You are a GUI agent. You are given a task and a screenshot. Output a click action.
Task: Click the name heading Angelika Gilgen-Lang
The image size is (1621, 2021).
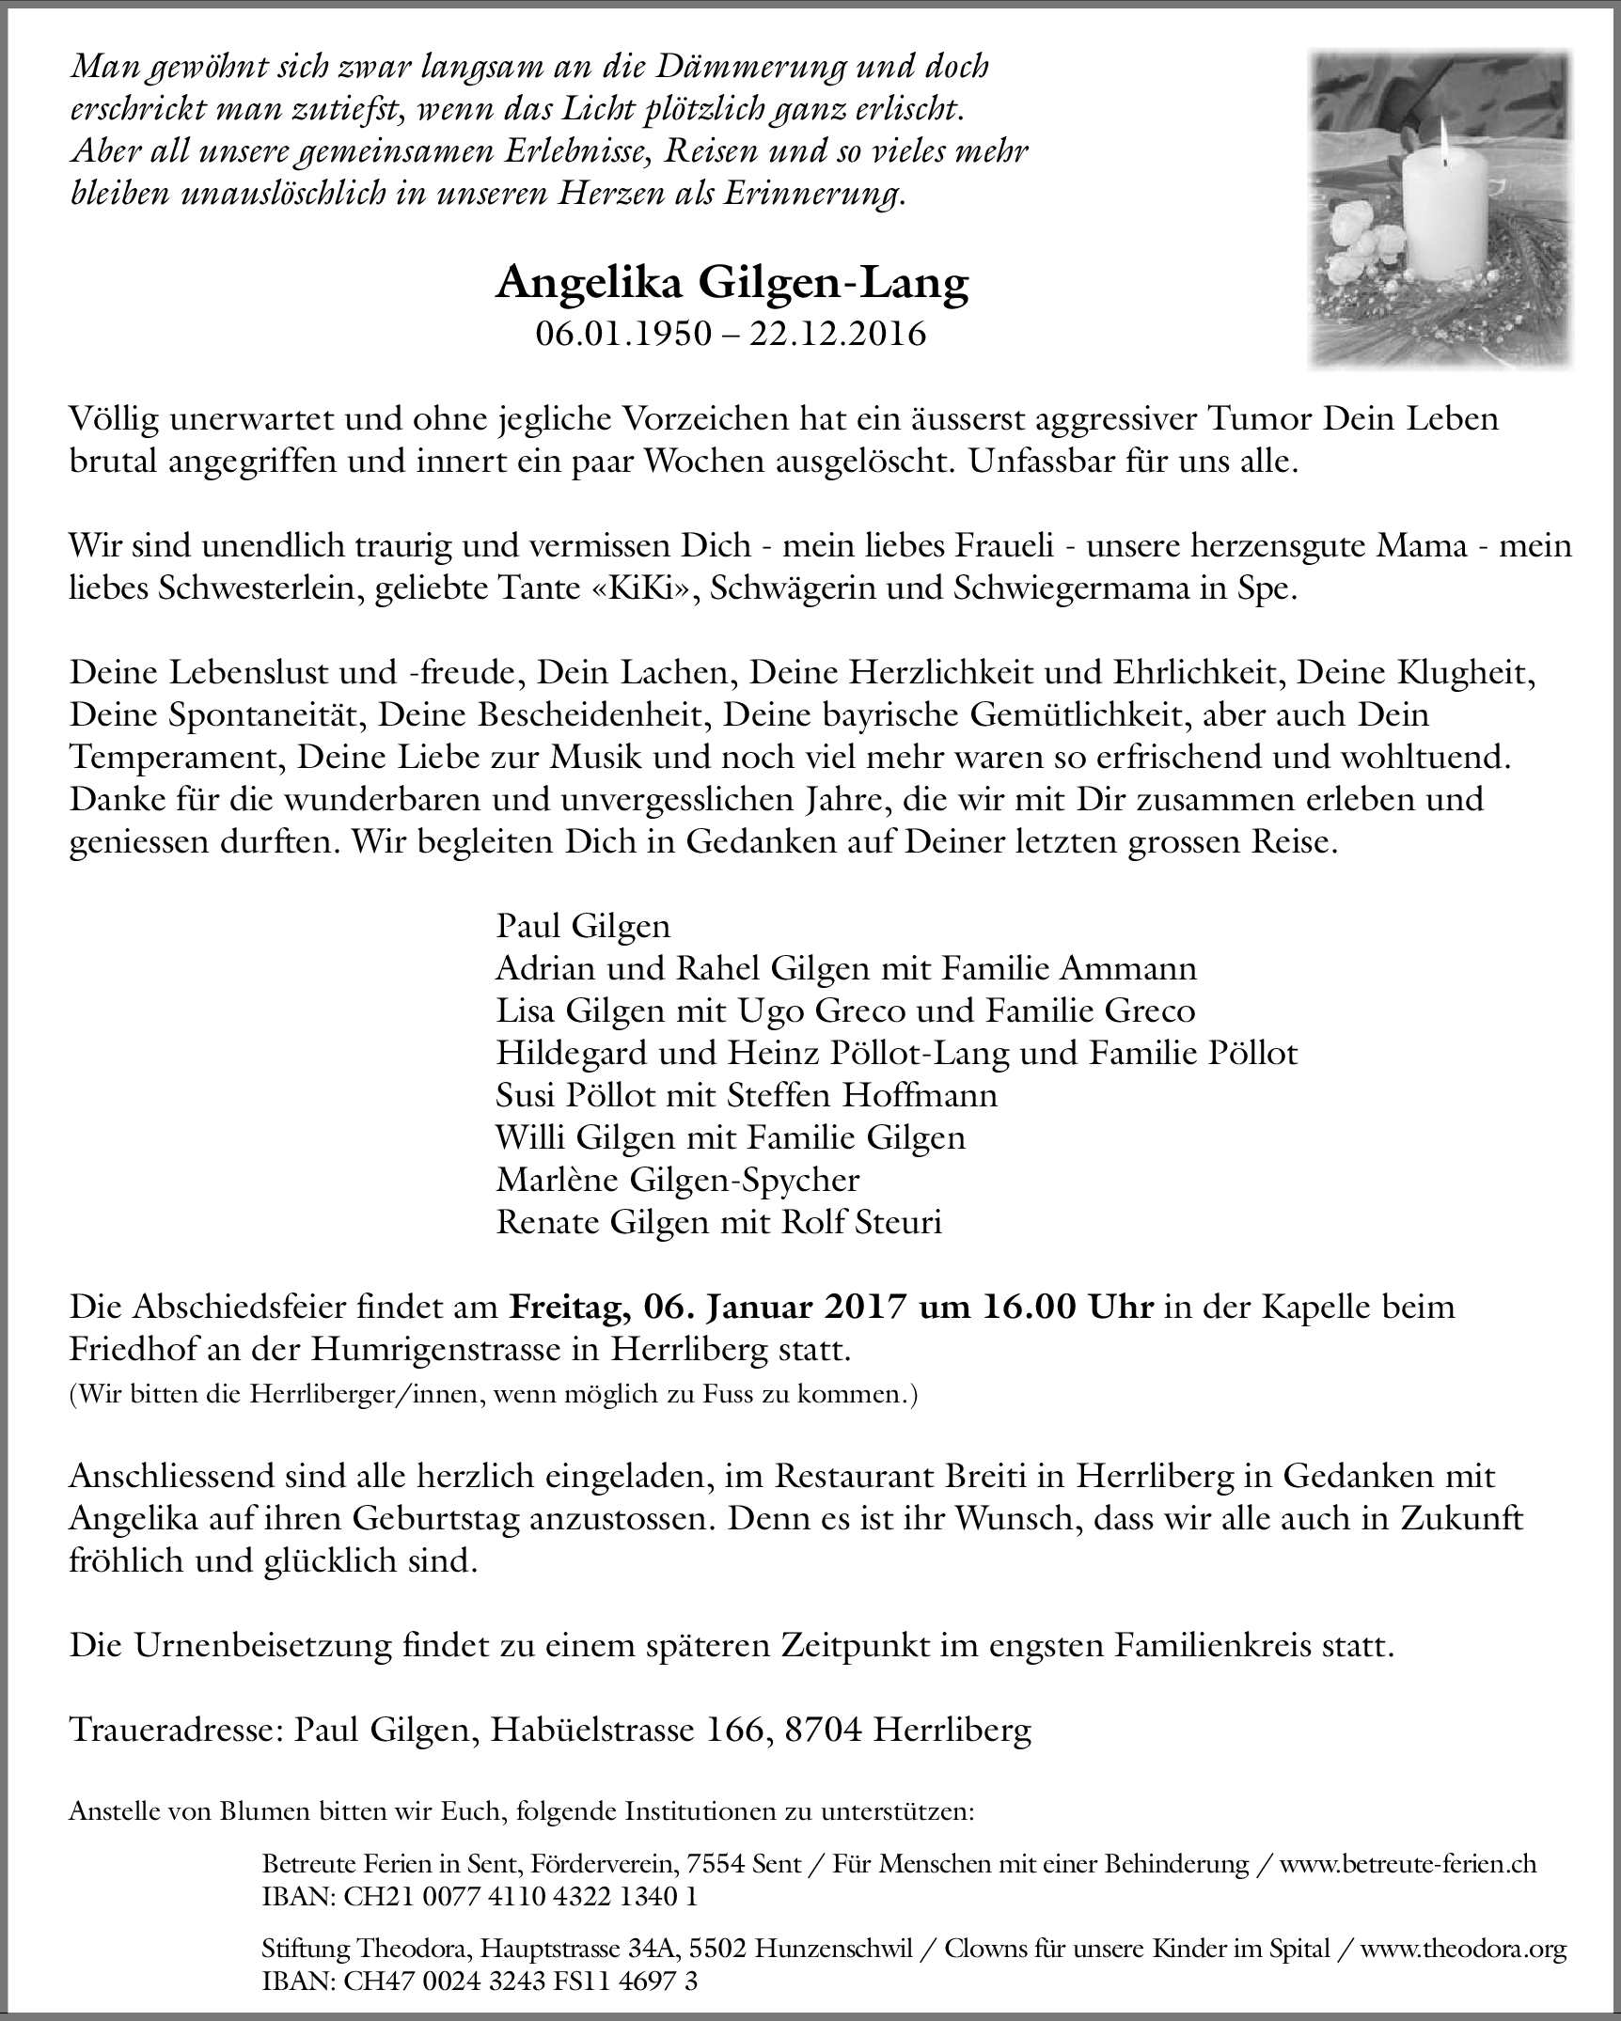pyautogui.click(x=732, y=284)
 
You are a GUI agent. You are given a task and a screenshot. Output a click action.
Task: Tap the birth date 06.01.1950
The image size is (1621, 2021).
pyautogui.click(x=623, y=334)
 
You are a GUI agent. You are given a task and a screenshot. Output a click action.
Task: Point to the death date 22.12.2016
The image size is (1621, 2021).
pyautogui.click(x=837, y=334)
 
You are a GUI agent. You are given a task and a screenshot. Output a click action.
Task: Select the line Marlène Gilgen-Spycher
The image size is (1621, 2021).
pyautogui.click(x=677, y=1180)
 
